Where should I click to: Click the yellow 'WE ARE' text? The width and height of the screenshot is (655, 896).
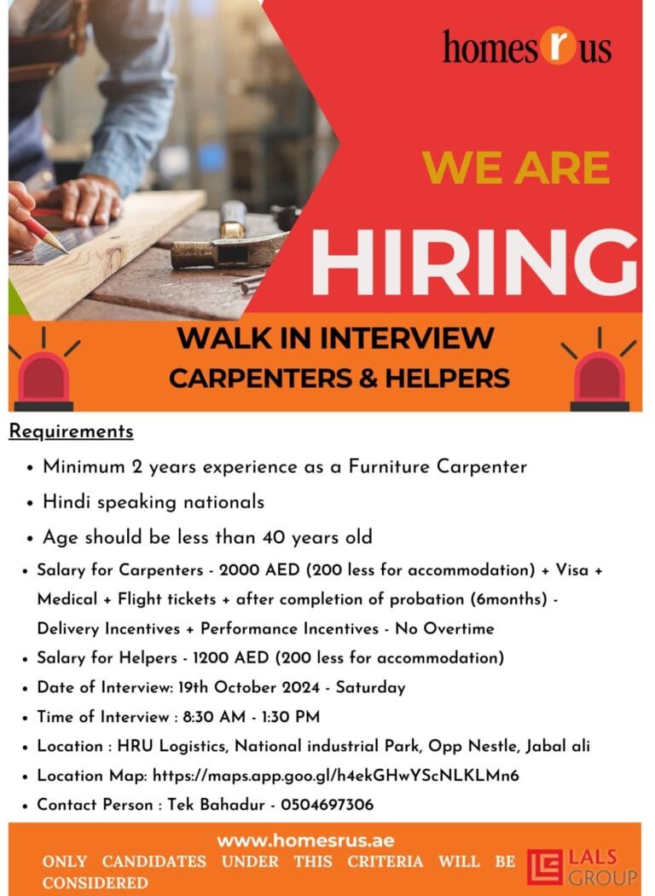point(516,168)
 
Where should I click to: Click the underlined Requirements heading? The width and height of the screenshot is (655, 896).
point(72,431)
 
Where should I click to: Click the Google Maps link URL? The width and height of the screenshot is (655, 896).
point(336,775)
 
